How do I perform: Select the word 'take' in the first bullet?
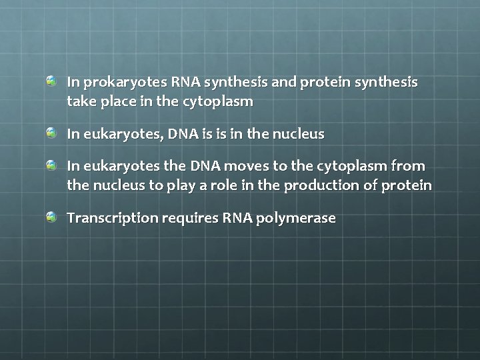[x=80, y=102]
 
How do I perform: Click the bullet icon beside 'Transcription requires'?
[x=51, y=217]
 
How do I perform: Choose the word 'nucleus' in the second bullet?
[x=298, y=134]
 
